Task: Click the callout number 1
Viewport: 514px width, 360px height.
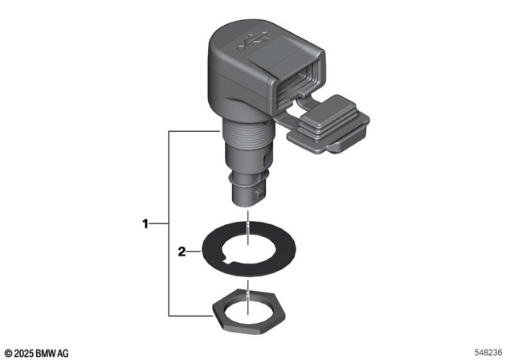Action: [x=145, y=224]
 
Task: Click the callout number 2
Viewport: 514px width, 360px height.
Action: [x=182, y=252]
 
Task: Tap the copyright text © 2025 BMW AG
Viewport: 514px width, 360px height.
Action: [x=37, y=352]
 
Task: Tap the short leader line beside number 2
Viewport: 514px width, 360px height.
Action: [x=195, y=252]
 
